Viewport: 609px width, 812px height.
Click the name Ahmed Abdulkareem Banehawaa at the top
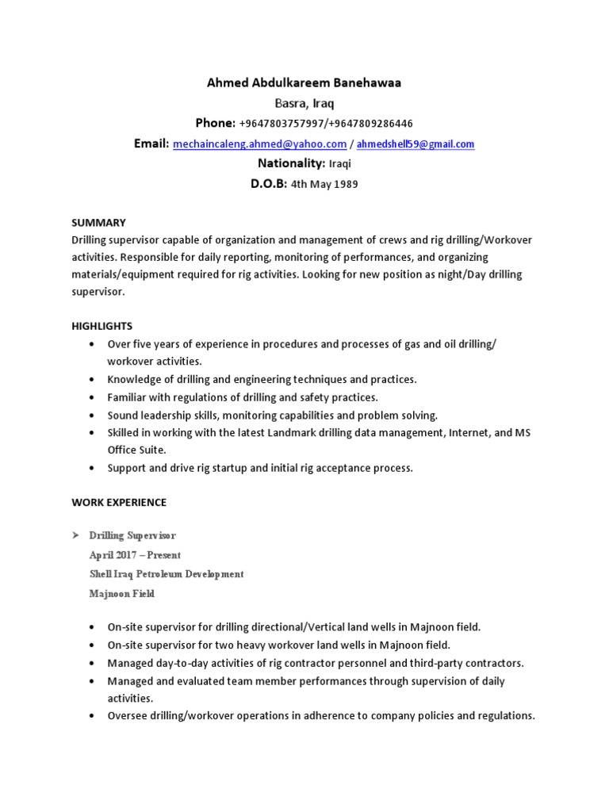coord(304,83)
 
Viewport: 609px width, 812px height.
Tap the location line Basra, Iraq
coord(304,103)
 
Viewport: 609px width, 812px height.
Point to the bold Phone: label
coord(216,124)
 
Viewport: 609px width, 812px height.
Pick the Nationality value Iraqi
coord(339,164)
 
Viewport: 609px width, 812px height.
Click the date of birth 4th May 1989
coord(324,185)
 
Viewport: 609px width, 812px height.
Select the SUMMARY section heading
coord(98,223)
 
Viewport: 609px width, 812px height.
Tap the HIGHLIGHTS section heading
coord(102,326)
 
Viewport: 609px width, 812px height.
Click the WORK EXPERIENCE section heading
coord(119,502)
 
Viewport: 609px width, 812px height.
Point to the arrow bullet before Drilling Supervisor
coord(75,536)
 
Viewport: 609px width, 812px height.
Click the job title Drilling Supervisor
coord(132,536)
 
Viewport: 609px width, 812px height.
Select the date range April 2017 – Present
coord(135,555)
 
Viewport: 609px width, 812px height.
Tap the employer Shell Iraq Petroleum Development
coord(167,574)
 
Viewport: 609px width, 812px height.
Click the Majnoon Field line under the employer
coord(122,593)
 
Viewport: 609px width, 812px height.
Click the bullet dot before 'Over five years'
coord(93,344)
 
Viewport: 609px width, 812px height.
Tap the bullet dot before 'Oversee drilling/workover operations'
coord(93,715)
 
